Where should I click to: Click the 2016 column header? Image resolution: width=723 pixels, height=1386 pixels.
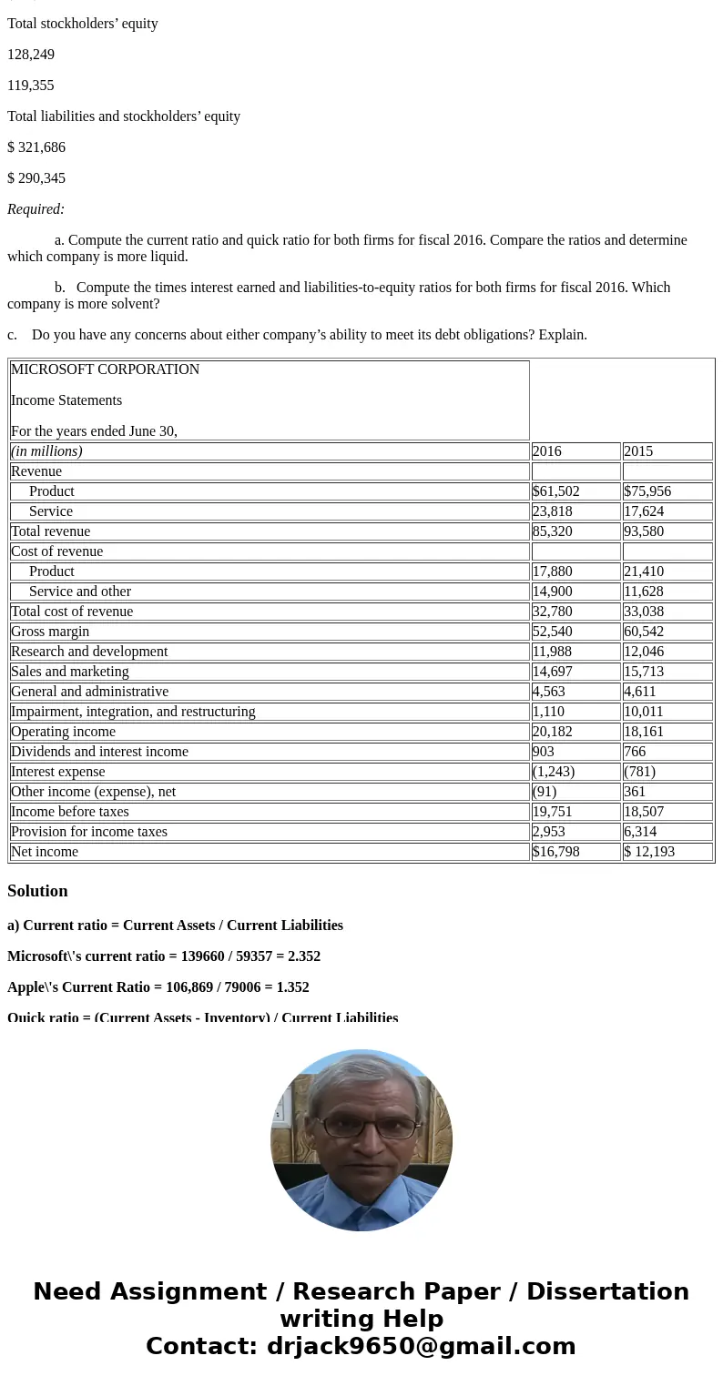(547, 451)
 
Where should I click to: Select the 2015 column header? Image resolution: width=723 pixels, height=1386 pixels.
(638, 451)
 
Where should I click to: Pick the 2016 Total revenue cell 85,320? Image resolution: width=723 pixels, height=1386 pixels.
(553, 531)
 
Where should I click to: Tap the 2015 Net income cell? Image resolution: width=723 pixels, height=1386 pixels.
(648, 852)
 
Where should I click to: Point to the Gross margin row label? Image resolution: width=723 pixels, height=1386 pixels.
(50, 632)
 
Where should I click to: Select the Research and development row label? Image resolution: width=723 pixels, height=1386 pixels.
(89, 652)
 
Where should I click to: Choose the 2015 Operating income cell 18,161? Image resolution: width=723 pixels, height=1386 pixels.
(644, 732)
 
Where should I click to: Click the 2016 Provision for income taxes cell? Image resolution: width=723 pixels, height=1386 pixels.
(549, 832)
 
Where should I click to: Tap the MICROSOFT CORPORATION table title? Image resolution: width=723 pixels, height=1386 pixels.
(105, 369)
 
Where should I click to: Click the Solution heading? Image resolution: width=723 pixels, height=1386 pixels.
(37, 891)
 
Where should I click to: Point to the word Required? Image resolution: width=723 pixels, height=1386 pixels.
(36, 209)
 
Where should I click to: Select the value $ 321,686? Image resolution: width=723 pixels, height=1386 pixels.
(36, 147)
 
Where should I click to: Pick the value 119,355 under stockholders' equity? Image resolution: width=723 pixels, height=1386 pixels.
(31, 86)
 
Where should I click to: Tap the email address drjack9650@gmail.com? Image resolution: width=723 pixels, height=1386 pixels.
(421, 1346)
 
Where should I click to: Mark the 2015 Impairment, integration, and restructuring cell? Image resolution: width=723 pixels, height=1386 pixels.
(644, 712)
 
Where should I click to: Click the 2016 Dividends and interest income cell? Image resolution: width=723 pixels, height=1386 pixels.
(544, 752)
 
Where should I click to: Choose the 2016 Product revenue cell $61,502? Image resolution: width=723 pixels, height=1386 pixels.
(556, 491)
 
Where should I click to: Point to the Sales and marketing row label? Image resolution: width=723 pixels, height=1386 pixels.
(70, 672)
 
